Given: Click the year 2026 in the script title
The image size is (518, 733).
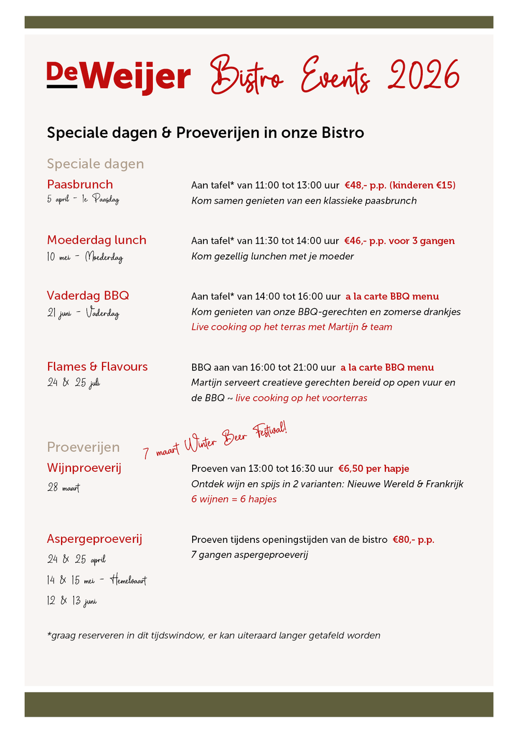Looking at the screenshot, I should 424,76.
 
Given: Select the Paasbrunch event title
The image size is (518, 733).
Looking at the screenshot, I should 80,184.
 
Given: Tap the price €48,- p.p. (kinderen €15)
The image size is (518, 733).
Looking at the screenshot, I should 400,185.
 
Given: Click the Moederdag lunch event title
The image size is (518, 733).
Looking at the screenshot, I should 97,240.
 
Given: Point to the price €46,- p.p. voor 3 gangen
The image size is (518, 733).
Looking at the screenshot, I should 399,241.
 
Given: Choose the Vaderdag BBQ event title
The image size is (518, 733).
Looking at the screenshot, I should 88,295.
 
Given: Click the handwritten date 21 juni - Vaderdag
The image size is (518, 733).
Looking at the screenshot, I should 83,313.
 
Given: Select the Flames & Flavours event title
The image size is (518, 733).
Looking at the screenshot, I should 97,367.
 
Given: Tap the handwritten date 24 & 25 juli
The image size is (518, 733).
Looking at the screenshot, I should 74,383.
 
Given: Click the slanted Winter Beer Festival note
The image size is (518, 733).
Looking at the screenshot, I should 214,440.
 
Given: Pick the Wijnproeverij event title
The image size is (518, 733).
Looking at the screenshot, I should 84,468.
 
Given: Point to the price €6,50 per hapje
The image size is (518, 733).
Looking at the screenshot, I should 373,469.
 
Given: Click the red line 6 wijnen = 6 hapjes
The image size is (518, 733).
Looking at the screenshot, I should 234,499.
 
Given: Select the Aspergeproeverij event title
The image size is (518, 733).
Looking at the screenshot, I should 94,539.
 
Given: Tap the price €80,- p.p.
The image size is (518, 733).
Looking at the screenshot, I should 413,540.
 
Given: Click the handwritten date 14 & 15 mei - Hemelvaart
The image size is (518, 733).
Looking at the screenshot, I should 96,580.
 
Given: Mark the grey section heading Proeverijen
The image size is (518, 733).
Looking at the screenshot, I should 83,447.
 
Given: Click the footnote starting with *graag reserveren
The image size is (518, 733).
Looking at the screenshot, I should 213,636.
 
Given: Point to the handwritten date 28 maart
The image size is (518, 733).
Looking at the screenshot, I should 64,487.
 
